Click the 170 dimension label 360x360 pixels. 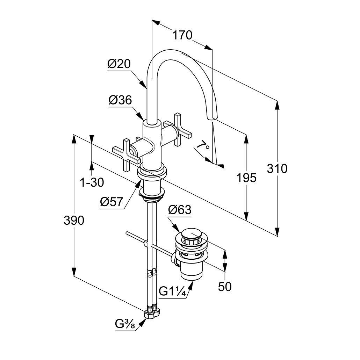(182, 35)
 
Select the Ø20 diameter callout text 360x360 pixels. (119, 64)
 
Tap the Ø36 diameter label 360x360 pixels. (120, 100)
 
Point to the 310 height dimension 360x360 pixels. (277, 168)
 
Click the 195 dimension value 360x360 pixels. (246, 178)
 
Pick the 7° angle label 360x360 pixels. (203, 145)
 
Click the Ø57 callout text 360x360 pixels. (111, 202)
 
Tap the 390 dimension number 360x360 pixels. (74, 221)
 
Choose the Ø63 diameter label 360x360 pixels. (180, 210)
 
